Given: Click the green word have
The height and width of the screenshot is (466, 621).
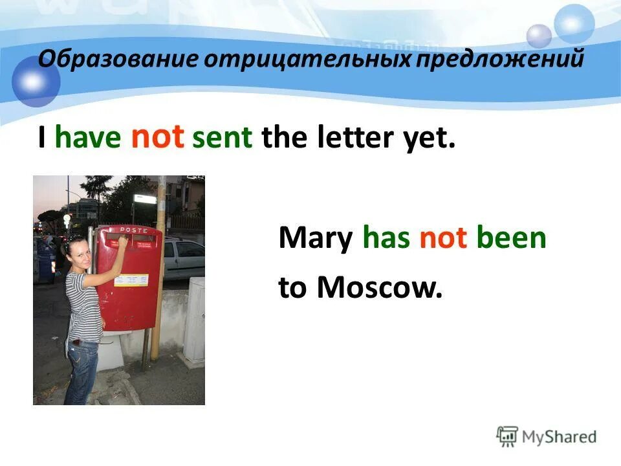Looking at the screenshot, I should click(88, 139).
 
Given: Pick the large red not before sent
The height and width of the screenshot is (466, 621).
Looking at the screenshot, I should click(158, 137).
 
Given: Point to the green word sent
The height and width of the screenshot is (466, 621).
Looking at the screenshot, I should click(223, 139).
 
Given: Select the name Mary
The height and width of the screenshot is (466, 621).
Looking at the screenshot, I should click(315, 239).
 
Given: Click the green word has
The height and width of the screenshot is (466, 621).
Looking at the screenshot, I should click(387, 239).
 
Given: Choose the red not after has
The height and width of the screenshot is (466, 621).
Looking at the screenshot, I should click(443, 239).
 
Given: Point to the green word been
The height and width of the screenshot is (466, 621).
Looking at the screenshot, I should click(512, 239).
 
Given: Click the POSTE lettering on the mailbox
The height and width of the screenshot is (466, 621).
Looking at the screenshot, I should click(131, 229).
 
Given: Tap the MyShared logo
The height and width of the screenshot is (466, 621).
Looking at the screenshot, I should click(547, 436).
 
